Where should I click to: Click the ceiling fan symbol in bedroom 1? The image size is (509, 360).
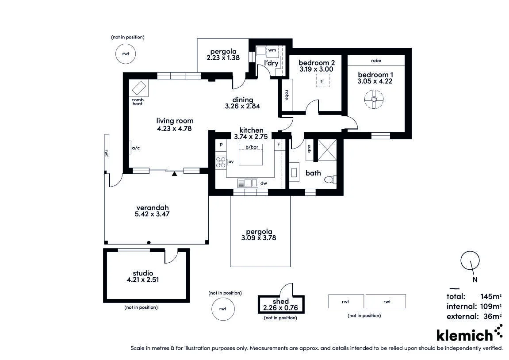(x=374, y=100)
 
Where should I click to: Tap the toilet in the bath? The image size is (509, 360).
(x=330, y=179)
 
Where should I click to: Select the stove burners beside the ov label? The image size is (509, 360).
(x=221, y=162)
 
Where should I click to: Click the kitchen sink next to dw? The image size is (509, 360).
(x=248, y=184)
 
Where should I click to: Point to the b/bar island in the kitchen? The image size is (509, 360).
(x=251, y=154)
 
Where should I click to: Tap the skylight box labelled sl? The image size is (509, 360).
(x=322, y=80)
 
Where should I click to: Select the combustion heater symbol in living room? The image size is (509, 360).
(x=139, y=88)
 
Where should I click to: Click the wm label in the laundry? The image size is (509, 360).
(x=272, y=50)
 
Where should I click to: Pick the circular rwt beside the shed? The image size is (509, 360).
(x=223, y=309)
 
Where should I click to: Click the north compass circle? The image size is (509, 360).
(x=470, y=260)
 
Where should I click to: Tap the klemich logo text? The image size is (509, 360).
(x=464, y=335)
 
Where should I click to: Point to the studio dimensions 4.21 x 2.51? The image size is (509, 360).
(x=143, y=280)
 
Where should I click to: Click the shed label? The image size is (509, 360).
(x=281, y=301)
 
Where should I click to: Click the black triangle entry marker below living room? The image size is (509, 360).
(x=174, y=174)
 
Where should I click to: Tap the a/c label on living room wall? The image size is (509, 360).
(x=136, y=148)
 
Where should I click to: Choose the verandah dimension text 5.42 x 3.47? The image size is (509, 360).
(x=152, y=214)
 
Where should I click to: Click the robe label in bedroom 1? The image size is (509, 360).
(x=376, y=61)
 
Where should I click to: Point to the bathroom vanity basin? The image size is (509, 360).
(x=295, y=172)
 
